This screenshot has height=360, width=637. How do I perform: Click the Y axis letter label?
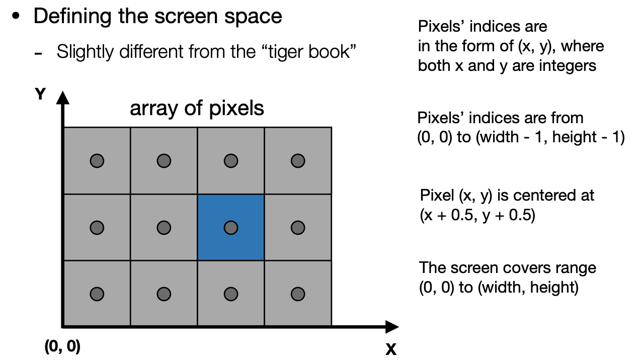click(40, 95)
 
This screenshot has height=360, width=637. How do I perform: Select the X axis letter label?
click(391, 348)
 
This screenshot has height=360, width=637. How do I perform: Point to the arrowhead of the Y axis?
click(62, 97)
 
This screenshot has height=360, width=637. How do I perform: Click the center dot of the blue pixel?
click(230, 227)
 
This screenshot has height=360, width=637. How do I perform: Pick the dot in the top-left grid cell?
click(97, 161)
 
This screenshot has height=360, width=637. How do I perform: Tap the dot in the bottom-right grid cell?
click(298, 294)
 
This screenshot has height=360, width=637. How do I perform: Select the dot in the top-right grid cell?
click(298, 161)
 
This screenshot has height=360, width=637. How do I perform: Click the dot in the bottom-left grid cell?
click(97, 294)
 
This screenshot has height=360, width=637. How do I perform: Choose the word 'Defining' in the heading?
click(66, 16)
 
